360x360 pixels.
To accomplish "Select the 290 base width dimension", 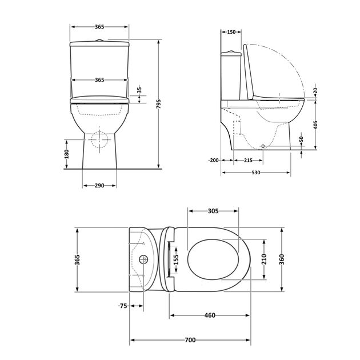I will coord(99,186).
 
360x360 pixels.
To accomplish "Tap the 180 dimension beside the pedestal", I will coord(66,154).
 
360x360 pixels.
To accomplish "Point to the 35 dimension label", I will coord(139,91).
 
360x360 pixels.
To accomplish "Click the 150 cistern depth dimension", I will coord(231,33).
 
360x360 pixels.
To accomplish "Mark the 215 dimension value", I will coord(248,161).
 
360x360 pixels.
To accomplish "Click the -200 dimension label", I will coord(214,161).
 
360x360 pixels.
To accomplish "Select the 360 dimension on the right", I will coord(282,260).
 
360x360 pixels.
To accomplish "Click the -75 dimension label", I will coord(122,306).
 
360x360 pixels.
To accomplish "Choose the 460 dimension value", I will coord(210,315).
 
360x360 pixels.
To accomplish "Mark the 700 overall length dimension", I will coord(190,340).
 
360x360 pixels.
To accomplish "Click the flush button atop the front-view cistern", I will coord(99,40).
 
